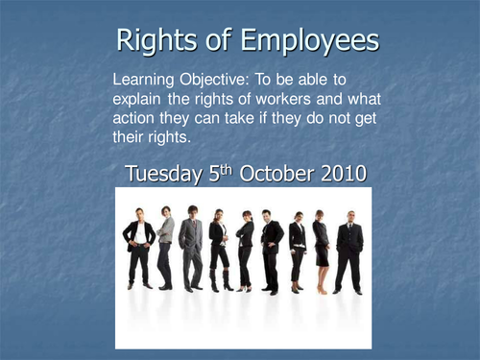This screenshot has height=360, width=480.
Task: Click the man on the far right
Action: (x=350, y=252)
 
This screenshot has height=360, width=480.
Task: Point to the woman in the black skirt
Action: (x=322, y=252)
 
